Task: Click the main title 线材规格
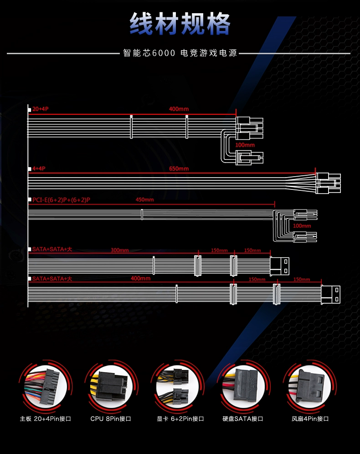point(180,23)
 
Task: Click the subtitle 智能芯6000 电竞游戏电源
point(180,53)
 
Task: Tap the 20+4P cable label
point(40,109)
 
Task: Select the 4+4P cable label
point(39,168)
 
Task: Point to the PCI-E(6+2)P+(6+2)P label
point(61,199)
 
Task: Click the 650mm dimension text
point(179,168)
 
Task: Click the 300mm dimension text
point(119,250)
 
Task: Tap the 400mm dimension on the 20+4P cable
point(179,109)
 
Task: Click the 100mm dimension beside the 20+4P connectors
point(245,145)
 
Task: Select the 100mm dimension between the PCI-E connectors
point(302,226)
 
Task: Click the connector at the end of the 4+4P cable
point(328,183)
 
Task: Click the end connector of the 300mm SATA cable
point(279,265)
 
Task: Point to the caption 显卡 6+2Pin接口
point(180,418)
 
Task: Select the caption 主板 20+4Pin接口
point(46,418)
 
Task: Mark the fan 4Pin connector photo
point(310,387)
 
